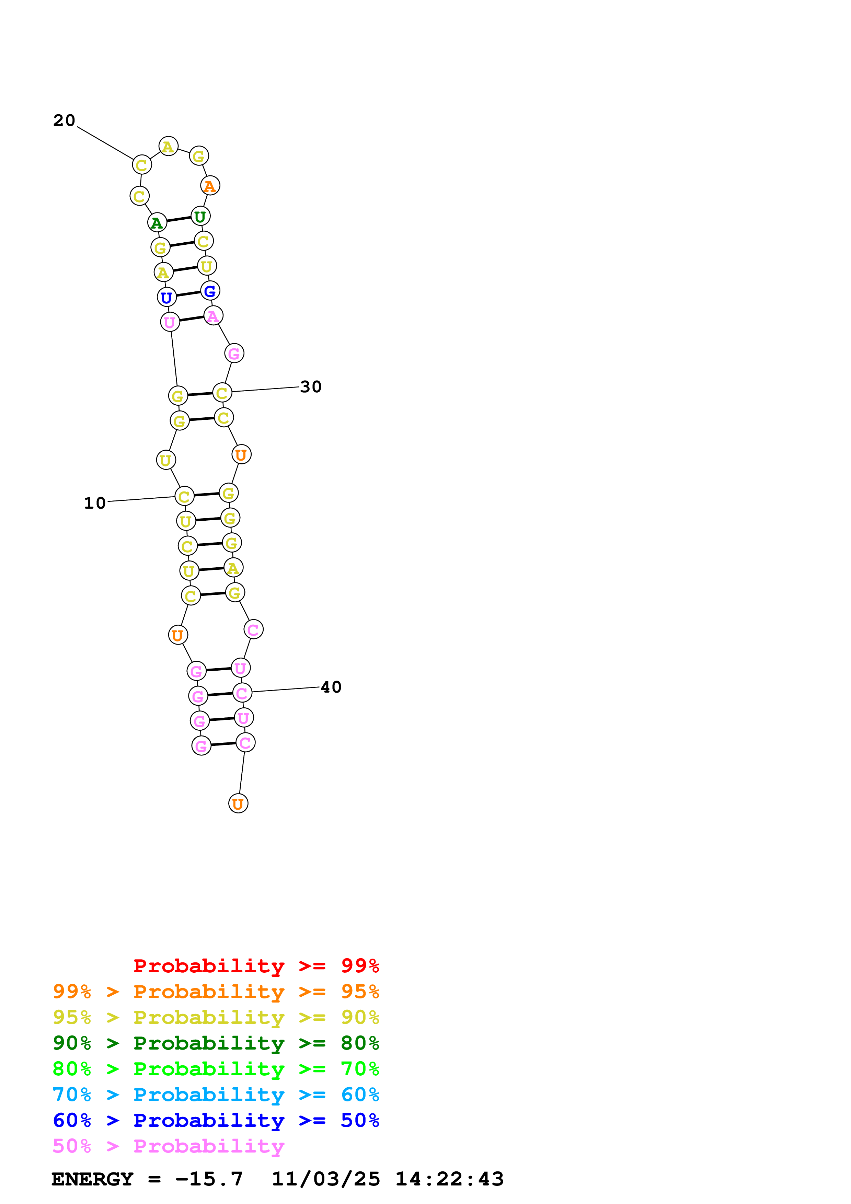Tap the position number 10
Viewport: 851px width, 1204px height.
[x=95, y=503]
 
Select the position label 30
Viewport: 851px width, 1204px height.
[x=310, y=387]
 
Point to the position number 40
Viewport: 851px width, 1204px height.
[x=331, y=687]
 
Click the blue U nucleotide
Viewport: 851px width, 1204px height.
[x=167, y=297]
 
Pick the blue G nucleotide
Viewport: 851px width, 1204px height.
[x=210, y=291]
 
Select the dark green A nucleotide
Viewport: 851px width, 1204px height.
[x=157, y=223]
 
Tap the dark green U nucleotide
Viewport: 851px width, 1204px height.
[x=200, y=216]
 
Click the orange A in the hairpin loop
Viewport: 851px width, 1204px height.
[x=210, y=186]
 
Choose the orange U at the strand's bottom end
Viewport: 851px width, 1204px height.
[x=238, y=803]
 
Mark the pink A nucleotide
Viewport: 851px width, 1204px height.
[x=213, y=316]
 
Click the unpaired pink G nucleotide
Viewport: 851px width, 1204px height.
[x=234, y=354]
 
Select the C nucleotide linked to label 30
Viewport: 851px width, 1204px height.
[x=222, y=392]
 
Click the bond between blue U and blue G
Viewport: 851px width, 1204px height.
[x=188, y=294]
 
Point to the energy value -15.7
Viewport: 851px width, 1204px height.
[x=209, y=1179]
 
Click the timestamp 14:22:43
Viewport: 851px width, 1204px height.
[x=449, y=1179]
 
